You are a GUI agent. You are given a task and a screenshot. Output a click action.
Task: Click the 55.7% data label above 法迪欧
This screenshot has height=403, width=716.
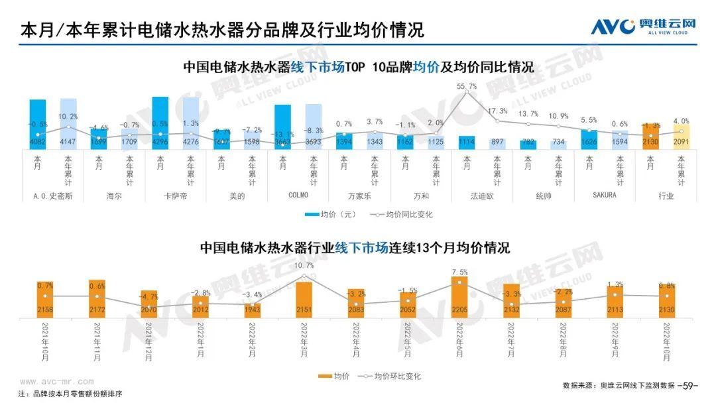click(467, 86)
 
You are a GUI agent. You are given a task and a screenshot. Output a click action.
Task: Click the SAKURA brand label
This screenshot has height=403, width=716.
click(604, 195)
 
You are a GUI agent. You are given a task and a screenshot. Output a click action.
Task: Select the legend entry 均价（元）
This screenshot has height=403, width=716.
click(331, 214)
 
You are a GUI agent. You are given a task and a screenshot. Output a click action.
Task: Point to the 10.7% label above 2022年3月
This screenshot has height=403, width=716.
click(303, 266)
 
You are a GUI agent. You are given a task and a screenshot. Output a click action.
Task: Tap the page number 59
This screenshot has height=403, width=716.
click(690, 385)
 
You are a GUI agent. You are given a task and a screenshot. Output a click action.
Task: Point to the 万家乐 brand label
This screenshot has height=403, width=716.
click(359, 196)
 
